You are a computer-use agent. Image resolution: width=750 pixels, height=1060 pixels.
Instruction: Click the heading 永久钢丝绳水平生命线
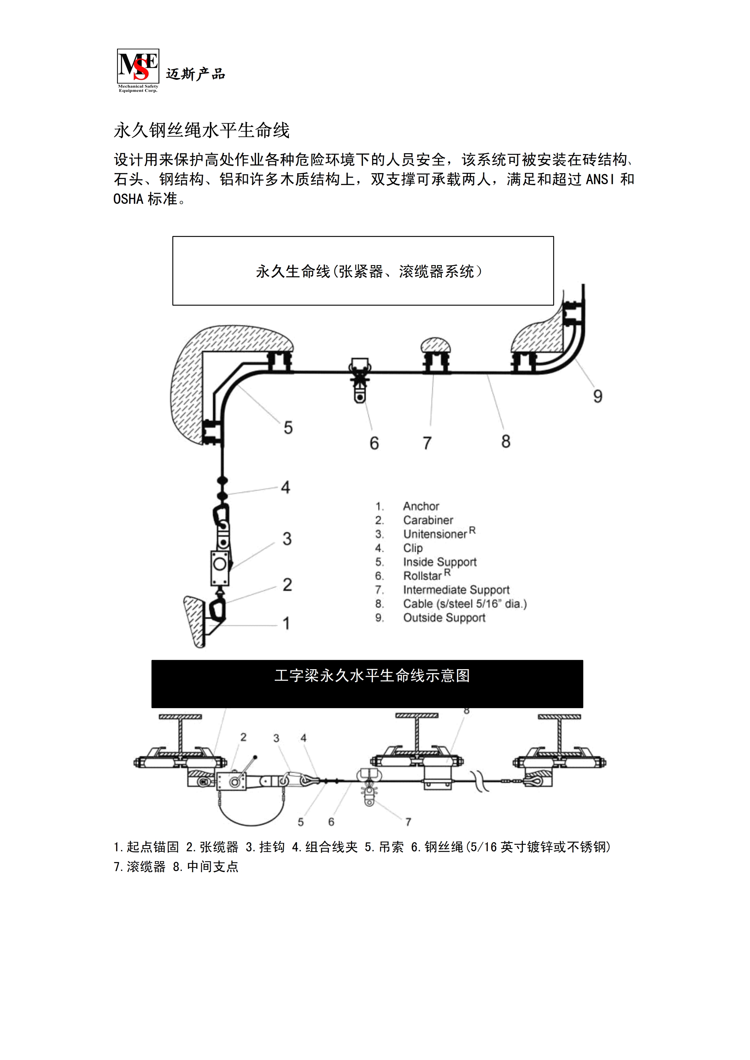(201, 131)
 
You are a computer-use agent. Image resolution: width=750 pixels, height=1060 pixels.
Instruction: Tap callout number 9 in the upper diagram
(598, 396)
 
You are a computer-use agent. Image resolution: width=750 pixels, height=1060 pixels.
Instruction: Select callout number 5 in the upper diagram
(288, 427)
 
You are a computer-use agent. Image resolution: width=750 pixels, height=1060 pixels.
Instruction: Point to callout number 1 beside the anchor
(286, 623)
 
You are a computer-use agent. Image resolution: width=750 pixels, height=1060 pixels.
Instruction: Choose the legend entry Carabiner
(428, 520)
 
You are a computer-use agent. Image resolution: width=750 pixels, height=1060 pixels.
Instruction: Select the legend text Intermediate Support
(456, 590)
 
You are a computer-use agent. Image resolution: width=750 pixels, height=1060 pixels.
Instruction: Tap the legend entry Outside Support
(444, 618)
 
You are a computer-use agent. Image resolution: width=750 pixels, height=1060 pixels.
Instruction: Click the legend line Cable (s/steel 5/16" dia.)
(465, 604)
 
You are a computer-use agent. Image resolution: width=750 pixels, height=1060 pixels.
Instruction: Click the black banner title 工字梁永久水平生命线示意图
(372, 676)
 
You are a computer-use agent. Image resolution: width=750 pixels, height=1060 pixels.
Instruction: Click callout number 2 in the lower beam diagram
(243, 737)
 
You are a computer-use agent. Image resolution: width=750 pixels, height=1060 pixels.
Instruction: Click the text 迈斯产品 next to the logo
(195, 74)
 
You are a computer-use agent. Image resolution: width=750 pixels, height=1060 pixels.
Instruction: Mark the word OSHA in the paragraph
(129, 199)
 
